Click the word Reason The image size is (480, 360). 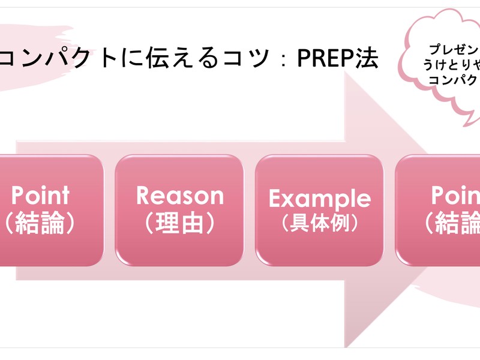point(179,196)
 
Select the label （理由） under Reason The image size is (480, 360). point(179,223)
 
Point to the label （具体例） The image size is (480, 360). point(319,223)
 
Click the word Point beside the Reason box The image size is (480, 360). point(40,196)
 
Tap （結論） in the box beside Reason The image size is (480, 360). point(40,223)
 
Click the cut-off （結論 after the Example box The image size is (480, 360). point(453,223)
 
